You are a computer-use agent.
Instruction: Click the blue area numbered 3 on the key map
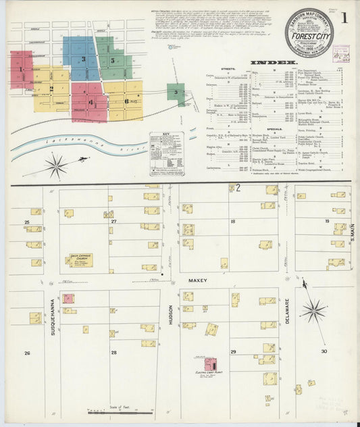81,59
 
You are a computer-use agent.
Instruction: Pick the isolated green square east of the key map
176,94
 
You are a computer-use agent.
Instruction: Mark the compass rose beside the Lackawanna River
56,165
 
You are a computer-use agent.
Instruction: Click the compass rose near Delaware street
313,310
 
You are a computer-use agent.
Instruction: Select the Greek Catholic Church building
80,260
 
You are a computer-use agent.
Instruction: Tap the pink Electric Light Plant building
211,365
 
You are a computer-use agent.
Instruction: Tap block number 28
113,353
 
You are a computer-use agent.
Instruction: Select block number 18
232,221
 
